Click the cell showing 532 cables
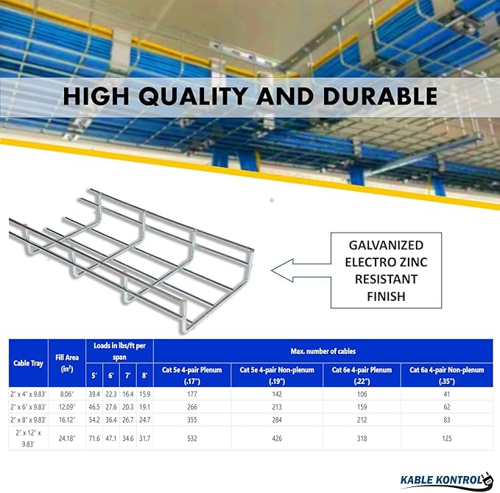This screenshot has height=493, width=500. [192, 438]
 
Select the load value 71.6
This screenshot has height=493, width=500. [95, 438]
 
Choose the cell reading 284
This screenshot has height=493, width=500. [278, 418]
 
